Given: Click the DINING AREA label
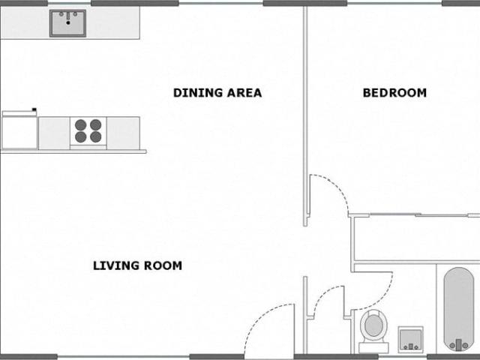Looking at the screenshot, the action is pos(217,93).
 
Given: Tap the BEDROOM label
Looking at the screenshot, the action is pos(394,93).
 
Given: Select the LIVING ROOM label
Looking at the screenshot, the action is pos(137,265).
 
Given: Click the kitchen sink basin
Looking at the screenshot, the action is pos(68,23).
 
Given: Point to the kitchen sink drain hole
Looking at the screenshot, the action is pos(68,22).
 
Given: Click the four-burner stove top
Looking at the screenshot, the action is pos(88,131).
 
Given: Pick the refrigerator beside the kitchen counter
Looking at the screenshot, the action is pos(19,130).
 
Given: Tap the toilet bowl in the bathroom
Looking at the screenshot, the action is pos(373,325).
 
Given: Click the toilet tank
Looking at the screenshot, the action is pos(373,348).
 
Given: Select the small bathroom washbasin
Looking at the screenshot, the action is pos(411,339).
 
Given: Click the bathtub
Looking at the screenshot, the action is pos(458,309).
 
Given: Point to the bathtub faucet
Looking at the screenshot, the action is pos(458,345).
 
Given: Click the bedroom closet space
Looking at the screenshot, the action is pos(416,238).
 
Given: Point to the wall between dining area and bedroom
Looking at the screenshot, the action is pos(305,116).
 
